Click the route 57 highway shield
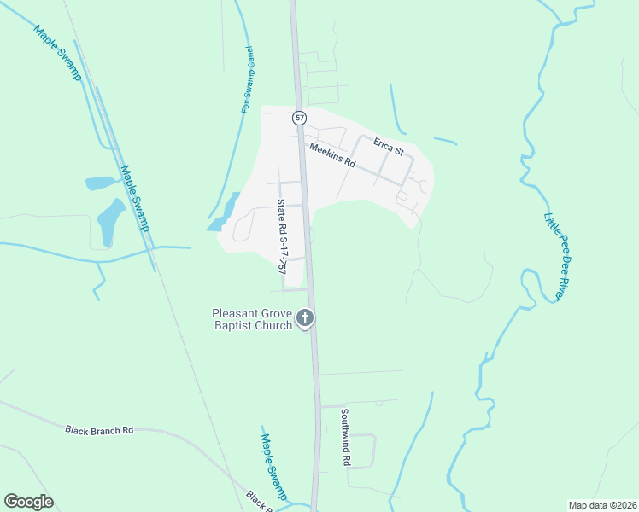coord(299,118)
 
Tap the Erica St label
coord(388,148)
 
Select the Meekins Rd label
coord(332,154)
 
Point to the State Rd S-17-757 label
coord(280,236)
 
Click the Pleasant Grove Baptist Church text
coord(253,319)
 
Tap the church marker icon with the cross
coord(305,320)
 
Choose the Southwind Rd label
coord(346,437)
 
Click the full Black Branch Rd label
coord(99,430)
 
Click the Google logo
coord(28,502)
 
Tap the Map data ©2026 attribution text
coord(602,504)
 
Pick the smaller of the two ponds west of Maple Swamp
coord(99,183)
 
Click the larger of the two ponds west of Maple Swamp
coord(111,221)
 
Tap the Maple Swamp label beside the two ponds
coord(135,198)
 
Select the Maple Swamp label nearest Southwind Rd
coord(273,466)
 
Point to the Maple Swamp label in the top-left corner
coord(57,53)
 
